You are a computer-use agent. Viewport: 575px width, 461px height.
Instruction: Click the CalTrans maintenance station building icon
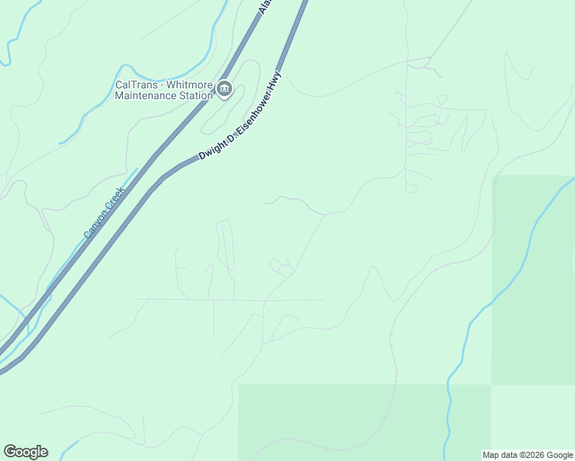click(x=224, y=89)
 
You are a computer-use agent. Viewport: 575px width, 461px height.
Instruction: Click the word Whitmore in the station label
click(x=188, y=85)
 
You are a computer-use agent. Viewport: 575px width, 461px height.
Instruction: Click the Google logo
click(x=25, y=452)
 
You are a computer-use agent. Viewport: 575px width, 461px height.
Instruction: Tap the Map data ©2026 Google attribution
click(x=528, y=455)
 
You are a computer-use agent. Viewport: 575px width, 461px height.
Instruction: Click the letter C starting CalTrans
click(x=118, y=85)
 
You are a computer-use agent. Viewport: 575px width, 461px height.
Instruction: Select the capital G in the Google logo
click(x=9, y=452)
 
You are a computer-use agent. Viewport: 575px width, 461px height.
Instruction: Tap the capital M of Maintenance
click(x=118, y=96)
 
